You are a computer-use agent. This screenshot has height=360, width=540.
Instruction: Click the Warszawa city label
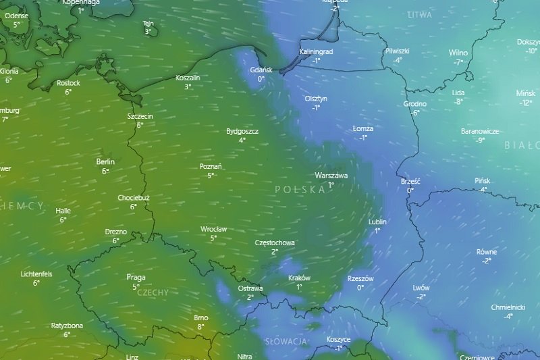pyautogui.click(x=331, y=176)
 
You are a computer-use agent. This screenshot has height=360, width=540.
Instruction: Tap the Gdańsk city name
pyautogui.click(x=261, y=70)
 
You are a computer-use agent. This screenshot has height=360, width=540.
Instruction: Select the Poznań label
pyautogui.click(x=211, y=166)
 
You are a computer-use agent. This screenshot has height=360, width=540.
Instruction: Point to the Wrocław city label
pyautogui.click(x=213, y=229)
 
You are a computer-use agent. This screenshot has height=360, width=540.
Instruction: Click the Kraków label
pyautogui.click(x=299, y=278)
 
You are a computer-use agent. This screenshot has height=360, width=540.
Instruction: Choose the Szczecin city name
pyautogui.click(x=140, y=116)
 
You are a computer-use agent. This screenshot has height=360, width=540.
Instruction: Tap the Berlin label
pyautogui.click(x=105, y=162)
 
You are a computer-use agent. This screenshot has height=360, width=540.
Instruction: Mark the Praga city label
pyautogui.click(x=136, y=277)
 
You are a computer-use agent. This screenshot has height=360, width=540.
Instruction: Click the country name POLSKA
pyautogui.click(x=300, y=190)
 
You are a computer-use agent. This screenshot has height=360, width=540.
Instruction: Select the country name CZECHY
pyautogui.click(x=153, y=292)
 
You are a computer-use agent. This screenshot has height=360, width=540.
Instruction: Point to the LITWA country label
pyautogui.click(x=419, y=14)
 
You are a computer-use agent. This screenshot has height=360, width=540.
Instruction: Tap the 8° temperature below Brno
pyautogui.click(x=201, y=327)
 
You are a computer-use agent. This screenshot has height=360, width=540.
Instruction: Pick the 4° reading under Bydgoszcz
pyautogui.click(x=242, y=140)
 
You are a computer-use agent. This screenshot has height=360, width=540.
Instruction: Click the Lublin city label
pyautogui.click(x=377, y=222)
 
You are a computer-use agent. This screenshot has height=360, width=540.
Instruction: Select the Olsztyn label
pyautogui.click(x=316, y=99)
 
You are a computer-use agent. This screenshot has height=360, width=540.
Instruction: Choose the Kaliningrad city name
pyautogui.click(x=316, y=51)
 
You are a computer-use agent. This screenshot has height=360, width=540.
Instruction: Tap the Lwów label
pyautogui.click(x=421, y=288)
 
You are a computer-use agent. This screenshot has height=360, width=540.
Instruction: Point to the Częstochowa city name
pyautogui.click(x=275, y=242)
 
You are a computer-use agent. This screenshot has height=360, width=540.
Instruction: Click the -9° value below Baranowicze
pyautogui.click(x=481, y=140)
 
